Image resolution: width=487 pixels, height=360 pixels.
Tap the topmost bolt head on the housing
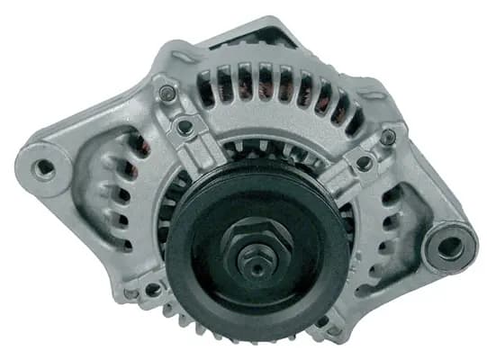pyautogui.click(x=167, y=92)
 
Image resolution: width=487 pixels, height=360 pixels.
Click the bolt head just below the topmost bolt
pyautogui.click(x=186, y=128)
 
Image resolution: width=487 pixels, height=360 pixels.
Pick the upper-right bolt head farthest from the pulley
pyautogui.click(x=389, y=137)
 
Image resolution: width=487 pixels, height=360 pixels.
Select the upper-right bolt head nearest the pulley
pyautogui.click(x=363, y=164)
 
